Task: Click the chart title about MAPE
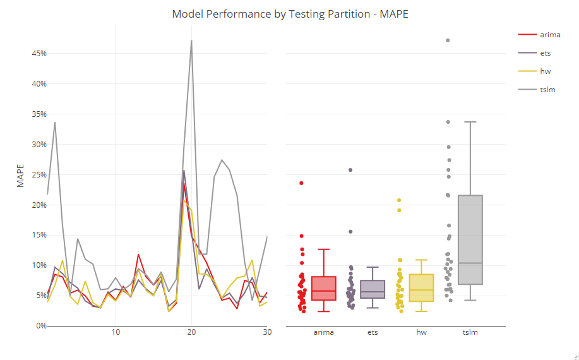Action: pyautogui.click(x=290, y=14)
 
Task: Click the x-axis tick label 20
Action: pyautogui.click(x=191, y=332)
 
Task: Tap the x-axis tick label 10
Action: pyautogui.click(x=116, y=332)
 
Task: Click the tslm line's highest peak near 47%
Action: pyautogui.click(x=191, y=41)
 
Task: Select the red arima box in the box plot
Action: pyautogui.click(x=324, y=289)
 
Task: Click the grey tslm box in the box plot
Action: pyautogui.click(x=470, y=240)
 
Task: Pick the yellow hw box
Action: pyautogui.click(x=421, y=288)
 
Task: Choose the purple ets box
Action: pyautogui.click(x=373, y=289)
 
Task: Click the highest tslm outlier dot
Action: pyautogui.click(x=448, y=40)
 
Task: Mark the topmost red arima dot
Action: pyautogui.click(x=301, y=183)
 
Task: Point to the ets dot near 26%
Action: pyautogui.click(x=350, y=170)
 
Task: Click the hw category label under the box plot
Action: pyautogui.click(x=421, y=332)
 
